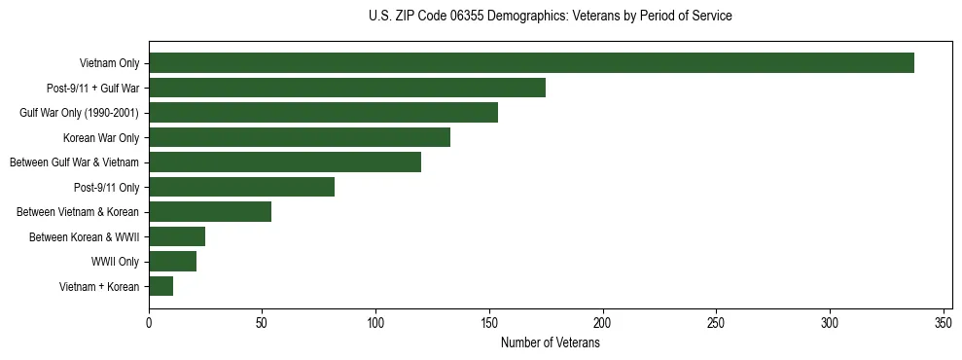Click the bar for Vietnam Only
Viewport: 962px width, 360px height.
[531, 63]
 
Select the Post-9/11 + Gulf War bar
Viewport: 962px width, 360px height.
[347, 88]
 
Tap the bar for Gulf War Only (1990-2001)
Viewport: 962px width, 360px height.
[323, 113]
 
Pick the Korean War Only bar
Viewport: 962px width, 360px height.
[300, 137]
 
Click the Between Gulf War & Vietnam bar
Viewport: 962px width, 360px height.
[285, 162]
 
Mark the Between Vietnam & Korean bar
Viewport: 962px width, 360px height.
[210, 212]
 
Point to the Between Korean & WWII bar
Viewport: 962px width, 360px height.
[177, 236]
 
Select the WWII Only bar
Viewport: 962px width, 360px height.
[173, 262]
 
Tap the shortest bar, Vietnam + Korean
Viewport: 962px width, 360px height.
[161, 286]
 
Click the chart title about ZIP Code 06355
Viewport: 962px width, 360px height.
[551, 17]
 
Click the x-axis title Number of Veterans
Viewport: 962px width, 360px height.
[551, 343]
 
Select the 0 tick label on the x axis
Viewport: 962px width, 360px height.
[149, 323]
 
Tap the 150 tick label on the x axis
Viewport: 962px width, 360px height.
[489, 323]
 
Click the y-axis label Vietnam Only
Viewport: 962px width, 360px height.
[109, 64]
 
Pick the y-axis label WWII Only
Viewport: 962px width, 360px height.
[116, 262]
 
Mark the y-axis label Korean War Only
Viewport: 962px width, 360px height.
[101, 138]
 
